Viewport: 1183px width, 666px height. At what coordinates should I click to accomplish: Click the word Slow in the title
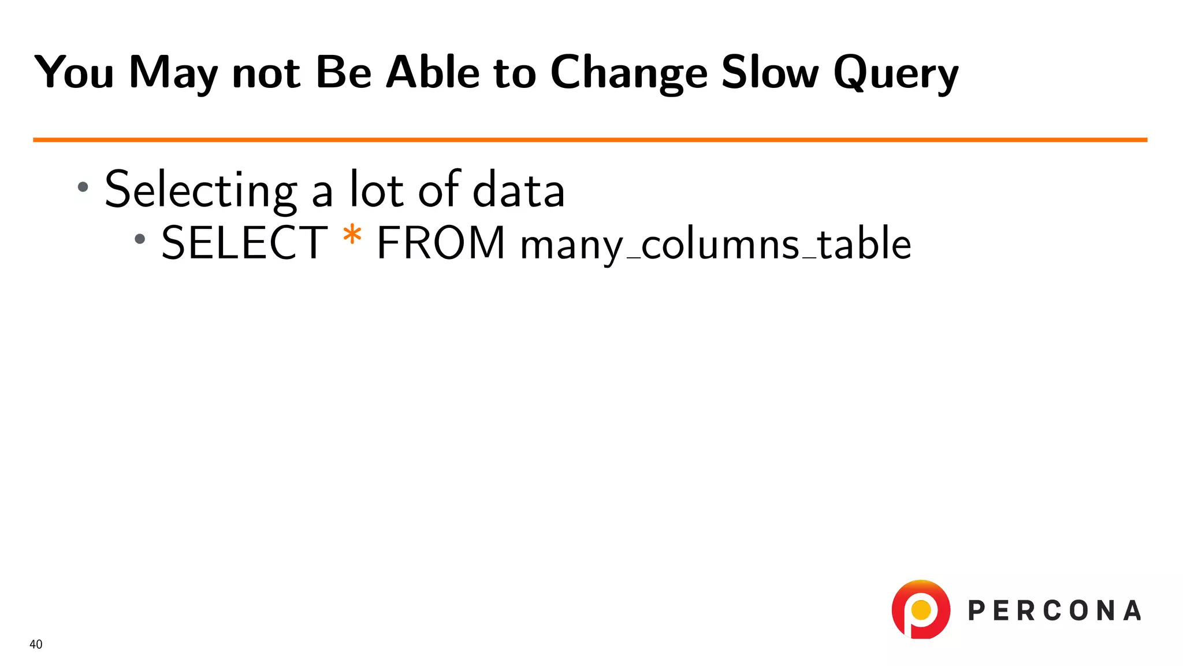click(x=770, y=73)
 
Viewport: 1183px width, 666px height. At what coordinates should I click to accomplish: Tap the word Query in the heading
click(x=896, y=74)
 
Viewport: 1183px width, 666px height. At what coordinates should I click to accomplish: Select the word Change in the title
click(x=628, y=74)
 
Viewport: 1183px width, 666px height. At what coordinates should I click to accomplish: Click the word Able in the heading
click(x=433, y=73)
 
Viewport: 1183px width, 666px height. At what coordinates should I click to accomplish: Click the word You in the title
click(x=74, y=73)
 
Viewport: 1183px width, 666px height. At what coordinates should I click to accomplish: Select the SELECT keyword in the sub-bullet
click(x=244, y=243)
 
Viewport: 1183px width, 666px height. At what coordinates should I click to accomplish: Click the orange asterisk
click(x=352, y=237)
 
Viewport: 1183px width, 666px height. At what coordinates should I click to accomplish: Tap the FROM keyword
click(x=441, y=243)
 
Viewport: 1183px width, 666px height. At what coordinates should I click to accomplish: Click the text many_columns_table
click(x=715, y=244)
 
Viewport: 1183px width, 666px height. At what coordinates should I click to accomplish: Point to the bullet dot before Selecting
click(x=83, y=187)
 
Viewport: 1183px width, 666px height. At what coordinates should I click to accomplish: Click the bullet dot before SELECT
click(x=140, y=239)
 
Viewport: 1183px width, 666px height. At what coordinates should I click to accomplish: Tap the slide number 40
click(x=36, y=645)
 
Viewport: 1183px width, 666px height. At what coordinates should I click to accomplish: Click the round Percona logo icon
click(x=921, y=609)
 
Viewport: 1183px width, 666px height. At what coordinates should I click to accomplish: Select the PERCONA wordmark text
click(x=1054, y=611)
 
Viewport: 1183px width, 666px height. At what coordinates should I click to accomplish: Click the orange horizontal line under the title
click(x=589, y=140)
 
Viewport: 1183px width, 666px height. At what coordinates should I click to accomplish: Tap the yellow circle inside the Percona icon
click(x=921, y=609)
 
